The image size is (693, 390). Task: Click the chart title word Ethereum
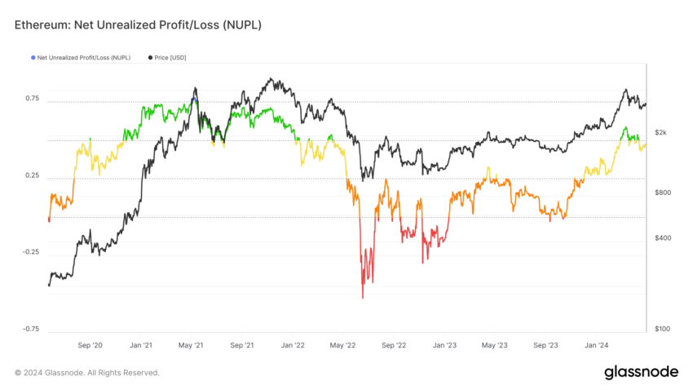pos(41,25)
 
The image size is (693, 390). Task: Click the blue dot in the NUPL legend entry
pos(33,58)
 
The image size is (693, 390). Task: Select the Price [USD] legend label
pos(172,58)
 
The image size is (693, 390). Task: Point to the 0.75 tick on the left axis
pos(32,99)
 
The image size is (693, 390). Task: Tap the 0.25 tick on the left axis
pos(32,175)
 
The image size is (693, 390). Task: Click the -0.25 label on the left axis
pos(31,252)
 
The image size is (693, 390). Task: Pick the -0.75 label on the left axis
pos(31,329)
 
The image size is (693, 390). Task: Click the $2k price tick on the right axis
pos(662,132)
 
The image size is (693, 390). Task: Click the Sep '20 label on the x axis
pos(90,346)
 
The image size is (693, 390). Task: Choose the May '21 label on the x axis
pos(192,346)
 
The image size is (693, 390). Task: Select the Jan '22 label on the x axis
pos(294,346)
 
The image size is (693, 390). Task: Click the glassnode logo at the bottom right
pos(641,372)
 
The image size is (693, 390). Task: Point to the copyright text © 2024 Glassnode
pos(87,373)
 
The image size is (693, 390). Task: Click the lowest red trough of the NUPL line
pos(362,298)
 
